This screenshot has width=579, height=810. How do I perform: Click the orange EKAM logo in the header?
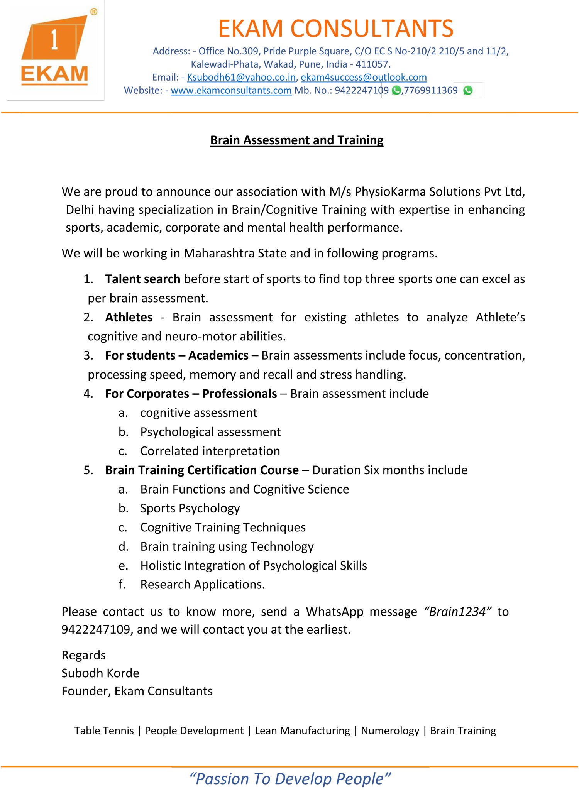(x=55, y=49)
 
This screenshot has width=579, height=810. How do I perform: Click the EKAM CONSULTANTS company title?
(x=335, y=29)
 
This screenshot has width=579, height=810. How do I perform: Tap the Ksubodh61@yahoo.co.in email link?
(x=241, y=78)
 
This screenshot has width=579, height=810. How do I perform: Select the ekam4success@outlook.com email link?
(x=364, y=78)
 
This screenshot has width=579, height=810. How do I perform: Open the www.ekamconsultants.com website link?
(x=231, y=91)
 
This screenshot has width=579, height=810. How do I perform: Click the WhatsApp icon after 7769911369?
(x=468, y=91)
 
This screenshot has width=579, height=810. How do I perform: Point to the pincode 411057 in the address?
(x=372, y=64)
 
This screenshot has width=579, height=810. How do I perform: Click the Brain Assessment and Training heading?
(x=296, y=140)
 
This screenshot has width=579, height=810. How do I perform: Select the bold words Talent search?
(x=142, y=279)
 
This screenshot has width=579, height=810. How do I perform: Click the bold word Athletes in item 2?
(x=129, y=317)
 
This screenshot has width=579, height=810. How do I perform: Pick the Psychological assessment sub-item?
(x=210, y=432)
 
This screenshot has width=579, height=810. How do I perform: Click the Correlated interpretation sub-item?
(x=210, y=451)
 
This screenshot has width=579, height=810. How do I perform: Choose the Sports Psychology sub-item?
(x=190, y=509)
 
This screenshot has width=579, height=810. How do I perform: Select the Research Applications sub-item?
(x=202, y=585)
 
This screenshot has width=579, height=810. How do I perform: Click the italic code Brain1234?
(x=457, y=612)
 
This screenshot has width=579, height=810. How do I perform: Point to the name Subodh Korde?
(x=100, y=673)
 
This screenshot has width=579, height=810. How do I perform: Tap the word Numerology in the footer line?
(x=390, y=731)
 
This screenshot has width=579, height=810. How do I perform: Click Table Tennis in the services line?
(x=104, y=731)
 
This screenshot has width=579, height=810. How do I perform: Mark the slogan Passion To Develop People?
(x=290, y=779)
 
